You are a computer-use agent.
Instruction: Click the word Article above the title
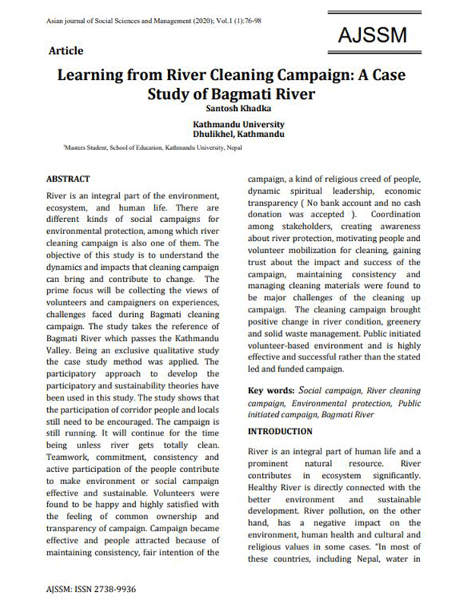coord(65,52)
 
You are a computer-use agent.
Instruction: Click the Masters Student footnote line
coord(141,150)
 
